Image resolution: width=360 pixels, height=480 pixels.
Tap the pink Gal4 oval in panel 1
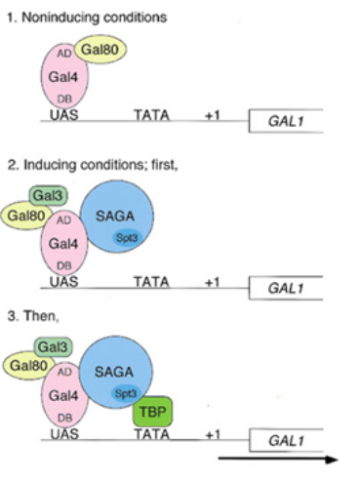[x=64, y=78]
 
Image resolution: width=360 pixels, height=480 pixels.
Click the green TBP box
[x=151, y=413]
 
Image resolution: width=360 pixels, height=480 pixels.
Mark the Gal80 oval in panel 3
[x=29, y=365]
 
